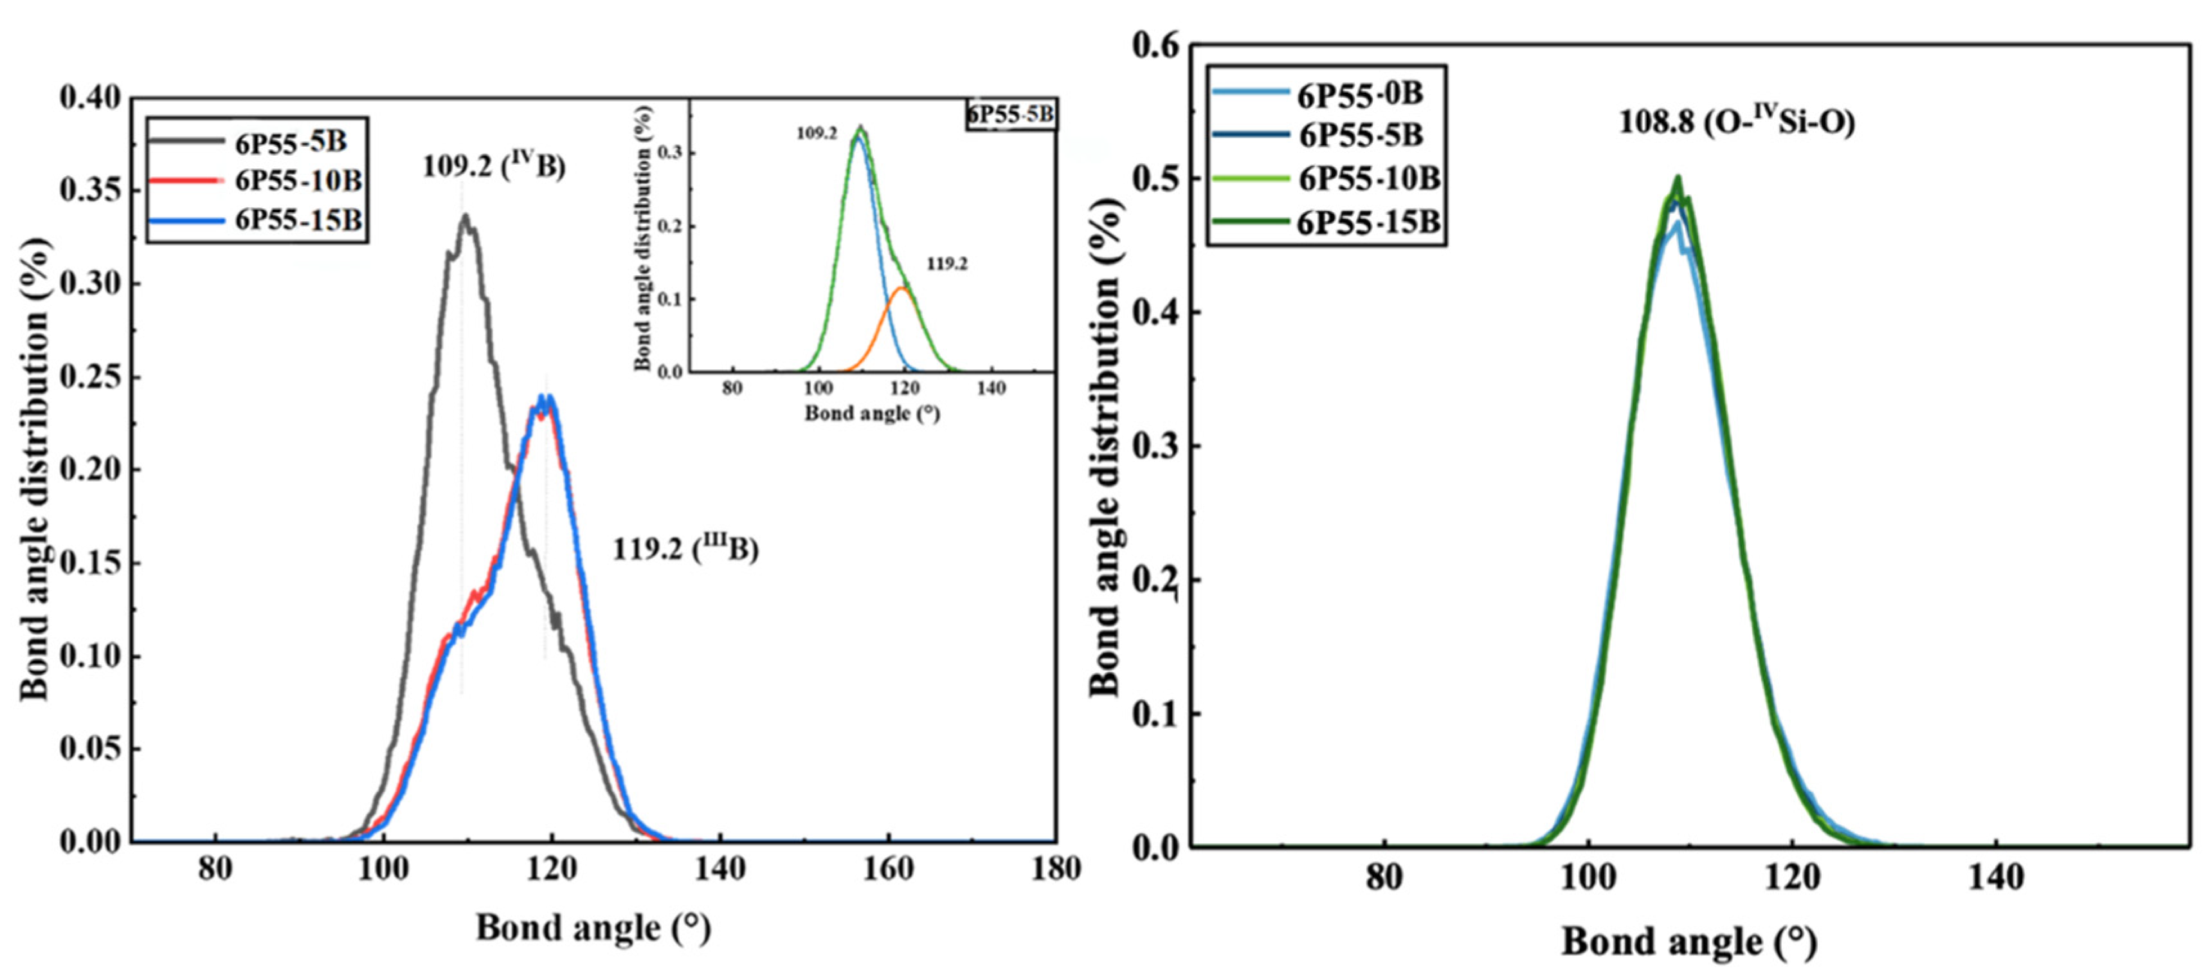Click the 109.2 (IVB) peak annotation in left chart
[493, 165]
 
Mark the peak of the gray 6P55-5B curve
[465, 216]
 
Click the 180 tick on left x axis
[1055, 869]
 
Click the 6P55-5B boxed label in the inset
[1011, 114]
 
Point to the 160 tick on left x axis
[887, 869]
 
